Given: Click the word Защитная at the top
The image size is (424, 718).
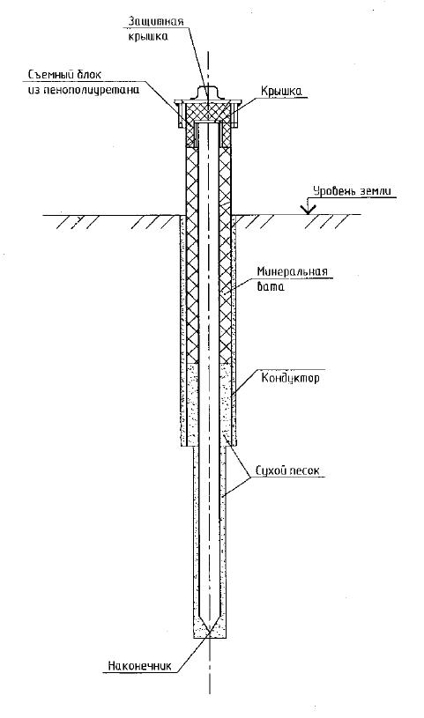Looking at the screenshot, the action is pos(156,21).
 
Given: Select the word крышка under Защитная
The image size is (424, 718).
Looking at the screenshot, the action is pos(146,36).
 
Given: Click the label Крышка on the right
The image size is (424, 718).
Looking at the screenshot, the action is pos(281,91).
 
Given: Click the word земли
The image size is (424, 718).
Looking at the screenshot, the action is pos(374,191).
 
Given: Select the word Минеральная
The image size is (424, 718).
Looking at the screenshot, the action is pos(292,270).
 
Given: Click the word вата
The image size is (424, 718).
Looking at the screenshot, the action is pos(271,287).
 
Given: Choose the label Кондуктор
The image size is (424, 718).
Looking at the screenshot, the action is pos(290,378).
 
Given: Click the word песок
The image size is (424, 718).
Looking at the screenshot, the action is pos(304,471).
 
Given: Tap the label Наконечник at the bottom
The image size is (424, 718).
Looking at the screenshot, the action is pos(139,665).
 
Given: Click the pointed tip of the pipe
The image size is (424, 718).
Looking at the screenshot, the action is pos(209,632).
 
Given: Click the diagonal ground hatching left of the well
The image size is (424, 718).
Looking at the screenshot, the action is pos(115,222).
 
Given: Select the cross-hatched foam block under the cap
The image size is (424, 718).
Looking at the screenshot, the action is pos(208,111).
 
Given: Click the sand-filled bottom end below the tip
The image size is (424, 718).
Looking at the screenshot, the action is pos(209,634).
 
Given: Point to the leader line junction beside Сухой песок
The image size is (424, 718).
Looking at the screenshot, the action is pos(249,477).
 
